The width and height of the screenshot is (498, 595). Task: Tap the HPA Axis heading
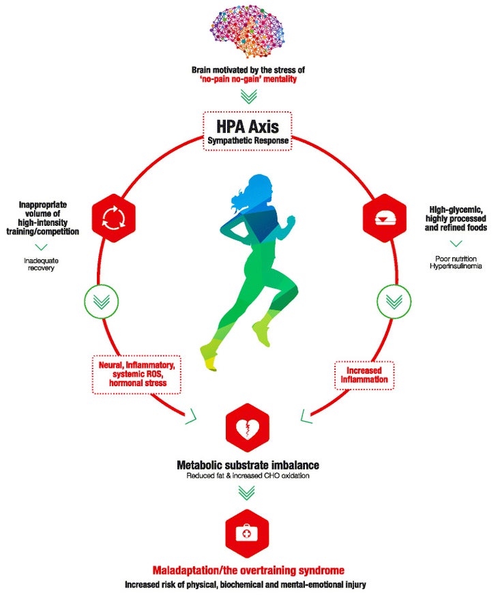click(x=248, y=126)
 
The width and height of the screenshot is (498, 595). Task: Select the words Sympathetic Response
click(x=248, y=141)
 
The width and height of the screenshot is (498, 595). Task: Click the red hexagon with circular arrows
click(x=114, y=218)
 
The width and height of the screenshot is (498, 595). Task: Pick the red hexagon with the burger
click(x=385, y=218)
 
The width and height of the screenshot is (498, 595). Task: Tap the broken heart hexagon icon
click(x=247, y=428)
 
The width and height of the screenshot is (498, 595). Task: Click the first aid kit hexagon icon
click(x=247, y=533)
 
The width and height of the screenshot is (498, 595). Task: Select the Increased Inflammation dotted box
click(x=364, y=375)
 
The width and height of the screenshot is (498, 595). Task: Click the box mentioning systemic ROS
click(x=137, y=375)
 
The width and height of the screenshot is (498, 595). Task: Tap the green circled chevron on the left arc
click(x=101, y=302)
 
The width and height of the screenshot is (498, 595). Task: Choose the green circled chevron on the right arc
click(x=394, y=302)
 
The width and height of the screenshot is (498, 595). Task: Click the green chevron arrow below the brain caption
click(x=249, y=96)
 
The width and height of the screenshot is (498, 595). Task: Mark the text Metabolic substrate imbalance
click(x=248, y=465)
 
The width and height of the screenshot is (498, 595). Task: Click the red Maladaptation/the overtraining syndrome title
click(x=248, y=570)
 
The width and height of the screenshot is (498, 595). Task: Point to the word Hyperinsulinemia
click(x=456, y=266)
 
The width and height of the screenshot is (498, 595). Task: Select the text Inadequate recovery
click(x=41, y=264)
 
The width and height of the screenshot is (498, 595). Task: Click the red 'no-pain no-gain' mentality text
click(x=248, y=79)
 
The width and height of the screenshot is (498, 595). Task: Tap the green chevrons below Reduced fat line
click(x=246, y=493)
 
